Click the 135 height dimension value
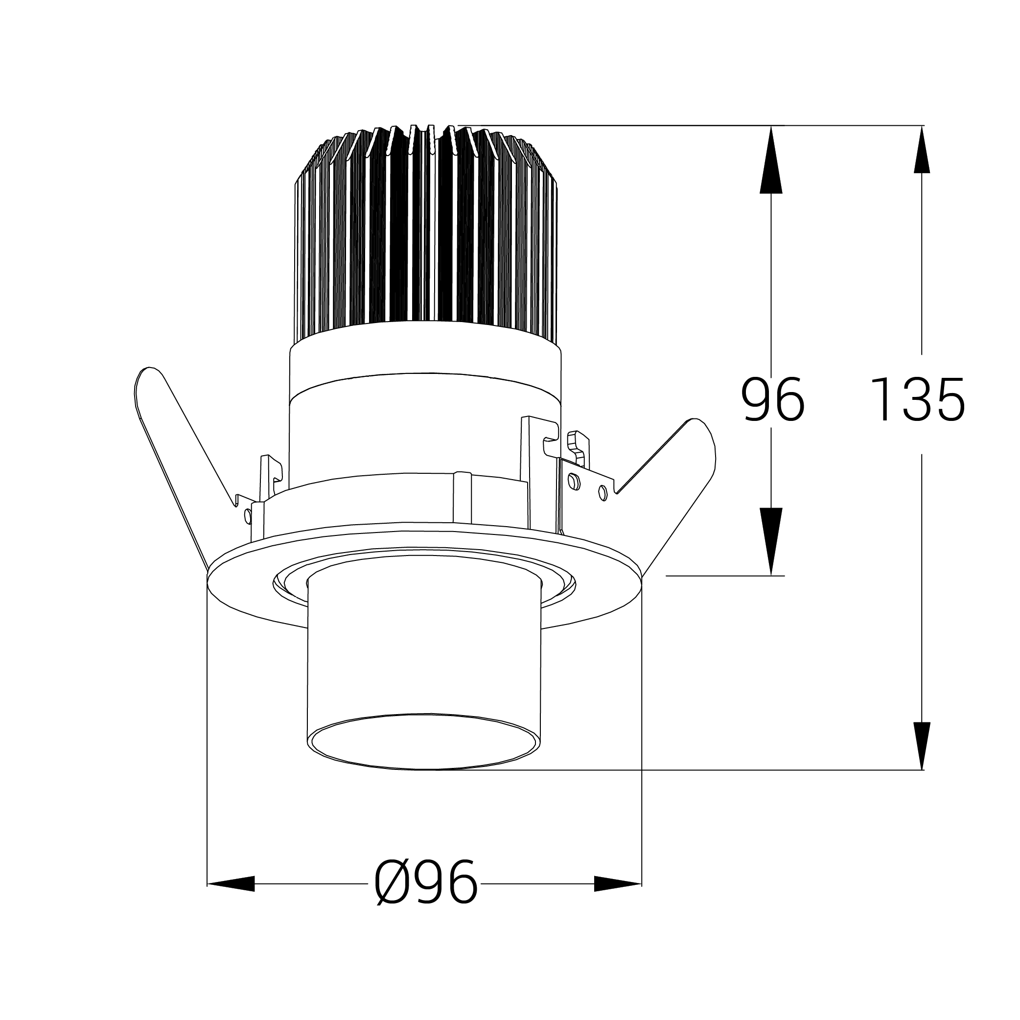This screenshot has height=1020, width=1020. pyautogui.click(x=917, y=400)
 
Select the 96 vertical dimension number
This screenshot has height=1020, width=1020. pyautogui.click(x=773, y=400)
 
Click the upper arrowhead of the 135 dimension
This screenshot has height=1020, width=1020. pyautogui.click(x=922, y=149)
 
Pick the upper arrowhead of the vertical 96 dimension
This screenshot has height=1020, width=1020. pyautogui.click(x=771, y=160)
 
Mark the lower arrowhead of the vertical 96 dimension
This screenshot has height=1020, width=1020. pyautogui.click(x=771, y=542)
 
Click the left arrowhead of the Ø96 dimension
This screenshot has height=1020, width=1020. pyautogui.click(x=231, y=883)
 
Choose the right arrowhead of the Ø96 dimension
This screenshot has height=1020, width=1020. pyautogui.click(x=618, y=883)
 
